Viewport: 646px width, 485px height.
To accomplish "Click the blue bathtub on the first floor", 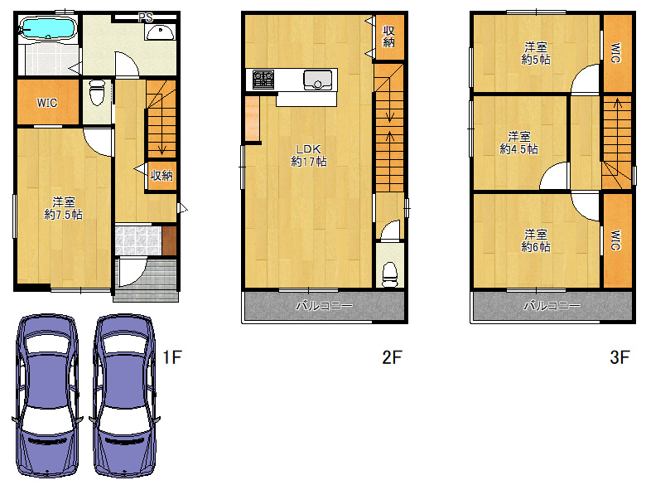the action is [x=48, y=28].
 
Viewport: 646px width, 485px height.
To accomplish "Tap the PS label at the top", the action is [x=146, y=17].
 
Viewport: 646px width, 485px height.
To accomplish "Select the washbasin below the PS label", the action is [x=161, y=32].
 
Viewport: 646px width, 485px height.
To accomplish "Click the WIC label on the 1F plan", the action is [x=47, y=103].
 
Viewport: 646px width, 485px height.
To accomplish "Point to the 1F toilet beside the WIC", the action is [x=97, y=93].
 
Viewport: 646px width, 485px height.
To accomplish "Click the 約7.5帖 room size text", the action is [x=64, y=215].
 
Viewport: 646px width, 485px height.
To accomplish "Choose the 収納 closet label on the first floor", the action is [x=161, y=176].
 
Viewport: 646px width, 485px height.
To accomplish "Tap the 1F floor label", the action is [x=172, y=357].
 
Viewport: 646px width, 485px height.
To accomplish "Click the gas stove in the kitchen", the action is [x=263, y=80].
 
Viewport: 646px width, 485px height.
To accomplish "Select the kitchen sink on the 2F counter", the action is [x=318, y=80].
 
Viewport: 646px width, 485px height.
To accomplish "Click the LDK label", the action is [x=309, y=149].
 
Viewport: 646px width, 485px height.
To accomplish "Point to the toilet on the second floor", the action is [x=390, y=274].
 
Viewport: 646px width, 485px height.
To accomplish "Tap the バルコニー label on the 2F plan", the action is [x=324, y=306].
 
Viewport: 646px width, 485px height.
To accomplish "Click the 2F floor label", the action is [x=392, y=357].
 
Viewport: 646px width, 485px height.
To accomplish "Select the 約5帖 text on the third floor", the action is [x=536, y=60].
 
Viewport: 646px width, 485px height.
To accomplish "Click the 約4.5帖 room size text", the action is [x=518, y=149].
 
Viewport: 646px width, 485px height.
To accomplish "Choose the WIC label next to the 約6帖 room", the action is [x=615, y=240].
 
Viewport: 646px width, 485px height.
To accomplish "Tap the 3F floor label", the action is [x=619, y=357].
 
